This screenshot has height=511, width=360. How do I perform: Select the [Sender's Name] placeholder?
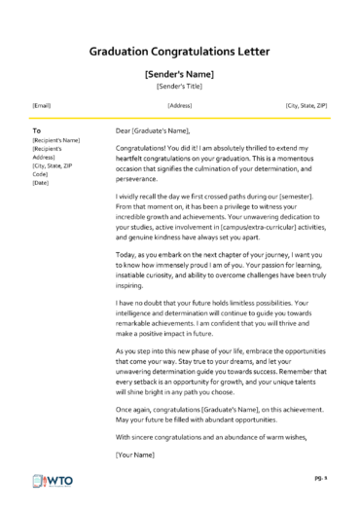(179, 73)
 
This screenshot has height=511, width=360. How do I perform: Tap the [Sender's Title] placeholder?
(179, 86)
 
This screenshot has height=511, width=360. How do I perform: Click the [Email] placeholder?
(42, 105)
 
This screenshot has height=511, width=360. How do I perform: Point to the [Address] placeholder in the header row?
(179, 105)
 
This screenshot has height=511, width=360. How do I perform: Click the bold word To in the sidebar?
(36, 129)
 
